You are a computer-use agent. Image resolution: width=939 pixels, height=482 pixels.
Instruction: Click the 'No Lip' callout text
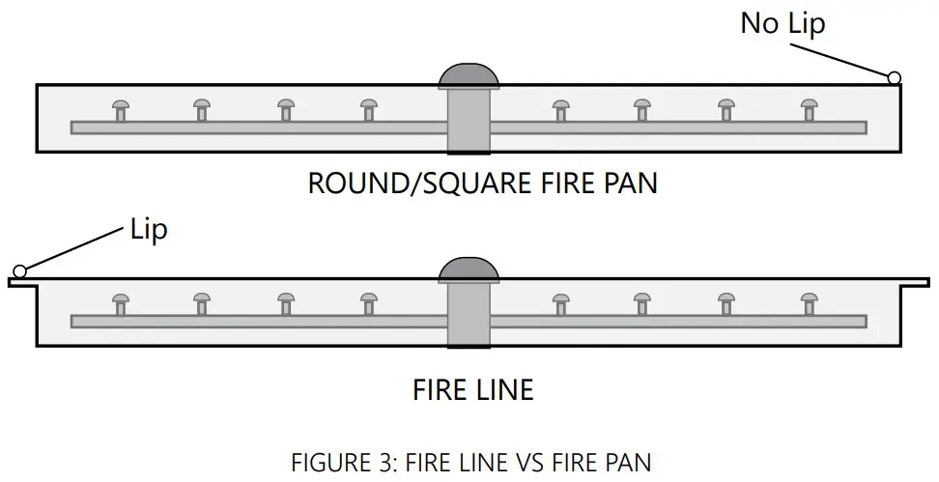782,23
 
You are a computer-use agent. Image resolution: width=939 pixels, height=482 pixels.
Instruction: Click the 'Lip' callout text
148,230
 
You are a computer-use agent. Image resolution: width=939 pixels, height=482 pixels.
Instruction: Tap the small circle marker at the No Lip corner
894,77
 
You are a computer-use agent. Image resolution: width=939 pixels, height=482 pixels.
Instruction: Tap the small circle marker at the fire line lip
19,271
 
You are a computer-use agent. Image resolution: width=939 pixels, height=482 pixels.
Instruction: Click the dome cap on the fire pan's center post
469,75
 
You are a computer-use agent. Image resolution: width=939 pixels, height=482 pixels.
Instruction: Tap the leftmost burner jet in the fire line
121,303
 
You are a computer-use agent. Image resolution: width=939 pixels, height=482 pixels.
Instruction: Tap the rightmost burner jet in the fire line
809,303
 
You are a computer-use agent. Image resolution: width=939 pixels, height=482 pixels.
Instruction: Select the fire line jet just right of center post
560,303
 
